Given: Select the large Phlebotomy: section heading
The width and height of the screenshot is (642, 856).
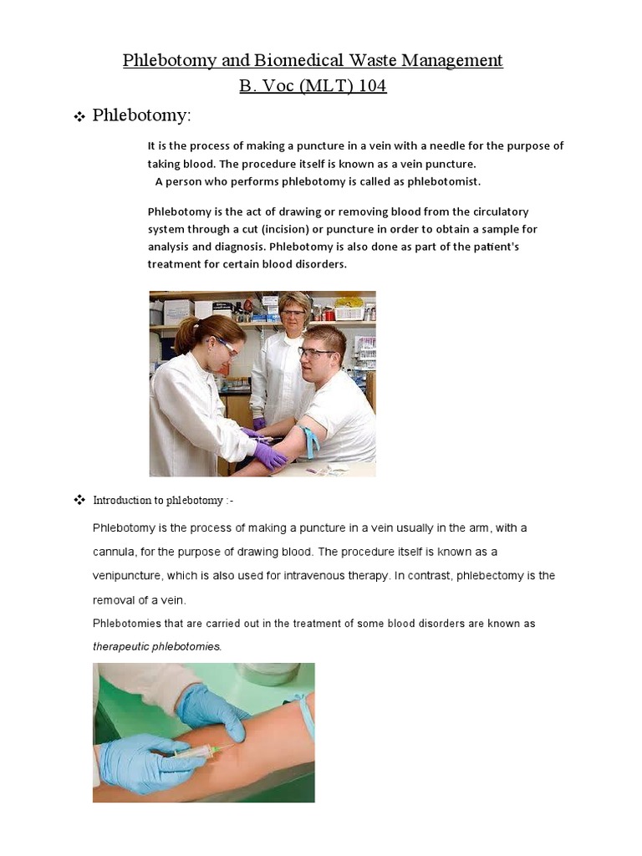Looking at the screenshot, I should click(141, 115).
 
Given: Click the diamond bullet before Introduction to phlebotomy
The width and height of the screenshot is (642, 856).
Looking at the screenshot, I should click(80, 500).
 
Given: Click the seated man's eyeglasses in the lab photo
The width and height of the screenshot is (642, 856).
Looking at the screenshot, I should click(316, 353).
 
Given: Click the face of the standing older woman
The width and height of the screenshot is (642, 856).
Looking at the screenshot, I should click(293, 317).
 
